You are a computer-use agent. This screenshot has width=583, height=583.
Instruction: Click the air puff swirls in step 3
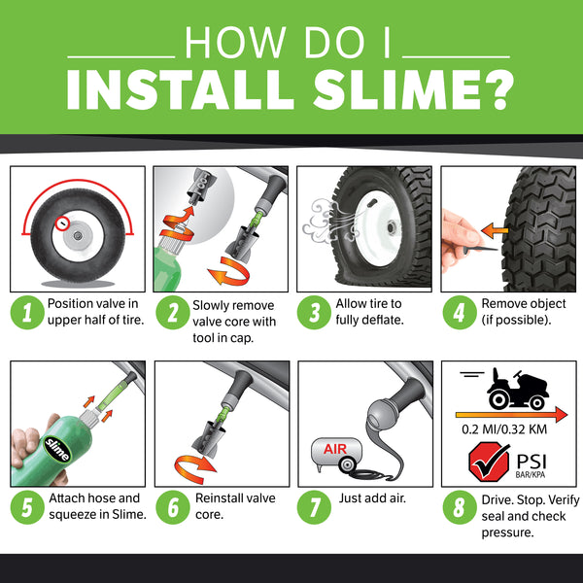[320, 216]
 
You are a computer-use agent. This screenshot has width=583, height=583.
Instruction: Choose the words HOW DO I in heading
[291, 43]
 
